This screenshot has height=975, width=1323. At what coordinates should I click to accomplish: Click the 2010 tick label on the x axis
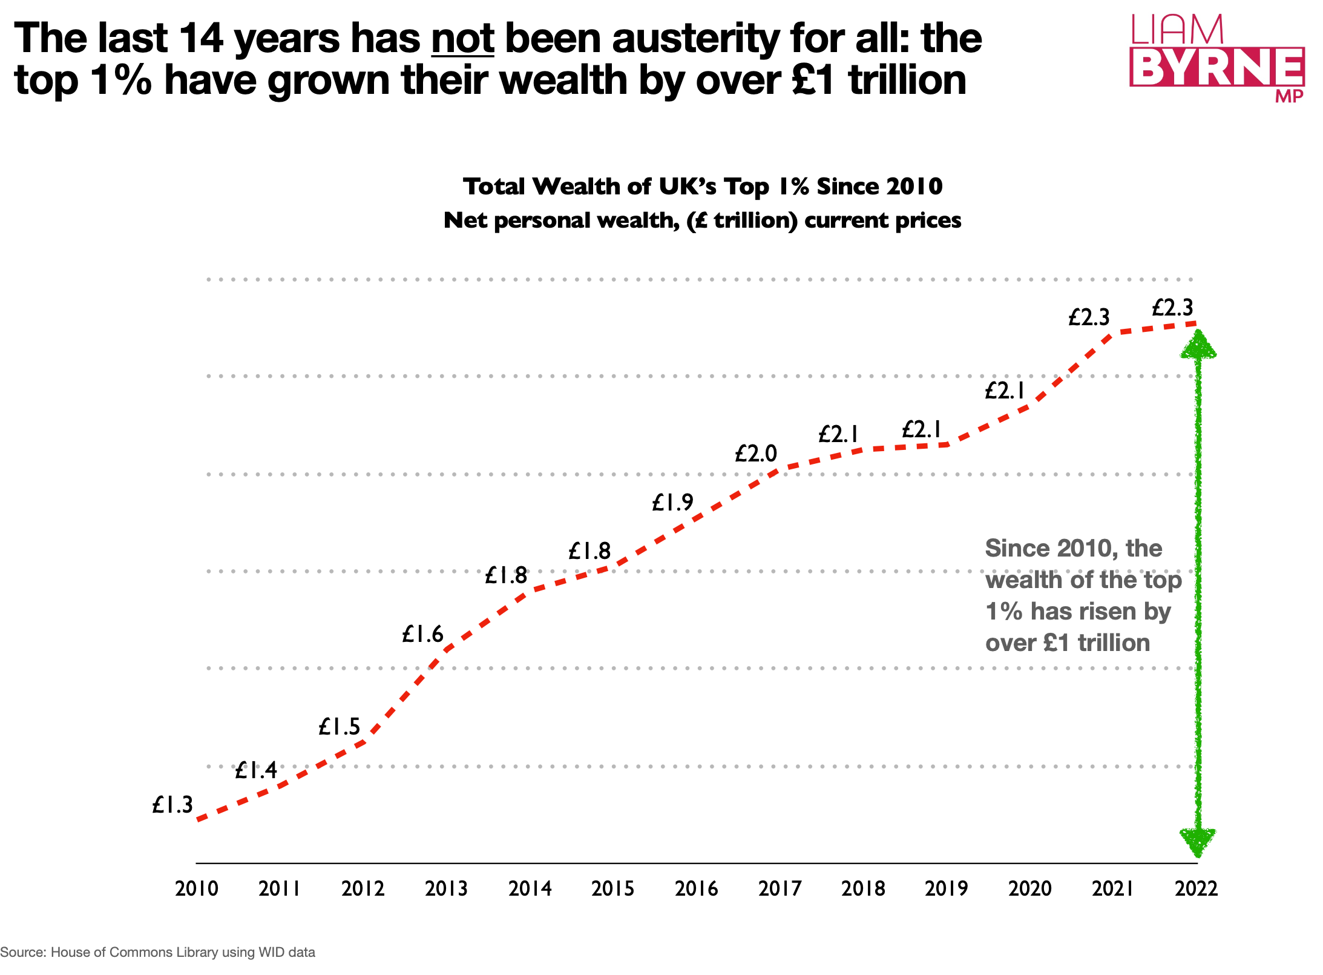196,888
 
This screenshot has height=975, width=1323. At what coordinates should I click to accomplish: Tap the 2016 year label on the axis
696,888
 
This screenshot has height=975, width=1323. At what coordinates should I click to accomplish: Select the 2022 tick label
1196,888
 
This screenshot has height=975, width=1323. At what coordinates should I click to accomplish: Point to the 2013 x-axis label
446,888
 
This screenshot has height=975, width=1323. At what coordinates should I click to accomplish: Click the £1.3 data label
172,805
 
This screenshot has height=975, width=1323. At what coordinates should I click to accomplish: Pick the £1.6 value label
422,634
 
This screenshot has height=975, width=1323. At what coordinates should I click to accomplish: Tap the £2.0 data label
756,453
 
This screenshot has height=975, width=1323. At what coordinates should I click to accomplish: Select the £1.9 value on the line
672,502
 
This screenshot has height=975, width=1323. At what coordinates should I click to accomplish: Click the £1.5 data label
339,726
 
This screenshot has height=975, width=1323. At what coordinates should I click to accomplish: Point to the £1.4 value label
256,770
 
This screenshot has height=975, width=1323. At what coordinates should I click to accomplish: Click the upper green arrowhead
1198,344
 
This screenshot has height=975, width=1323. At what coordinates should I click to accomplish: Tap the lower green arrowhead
1197,842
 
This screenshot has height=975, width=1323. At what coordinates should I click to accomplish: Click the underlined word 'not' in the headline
462,38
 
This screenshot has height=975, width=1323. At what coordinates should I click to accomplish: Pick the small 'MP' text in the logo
1289,96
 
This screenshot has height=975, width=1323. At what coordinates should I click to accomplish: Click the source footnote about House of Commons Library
157,952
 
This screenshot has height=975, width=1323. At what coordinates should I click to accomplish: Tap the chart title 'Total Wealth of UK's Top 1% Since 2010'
702,186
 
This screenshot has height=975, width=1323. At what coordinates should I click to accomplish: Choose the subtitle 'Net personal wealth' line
702,220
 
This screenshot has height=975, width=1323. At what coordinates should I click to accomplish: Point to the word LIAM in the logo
1177,30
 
